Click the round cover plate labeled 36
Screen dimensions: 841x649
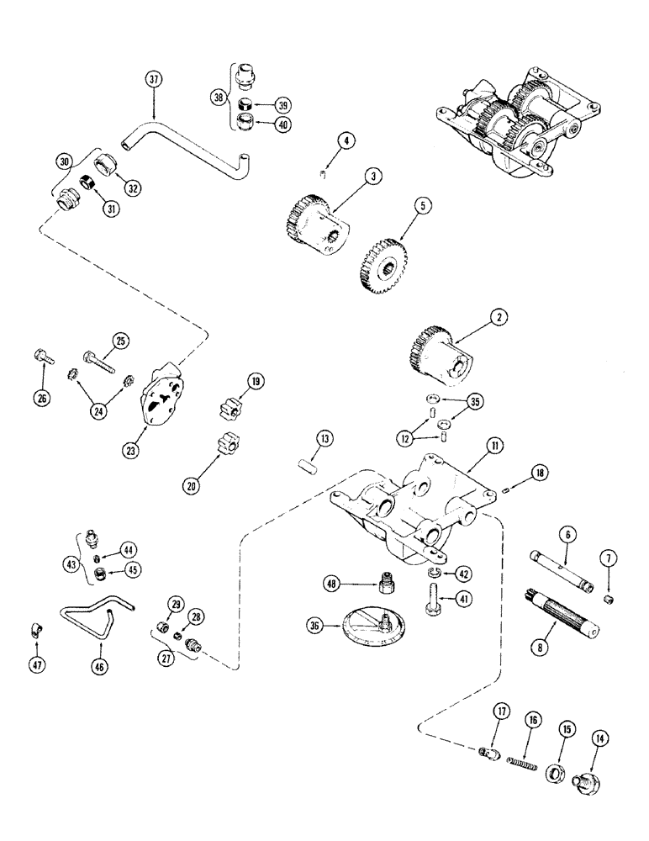367,624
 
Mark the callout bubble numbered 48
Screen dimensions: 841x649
334,580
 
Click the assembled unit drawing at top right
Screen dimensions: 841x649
514,122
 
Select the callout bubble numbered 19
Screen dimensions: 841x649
253,382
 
